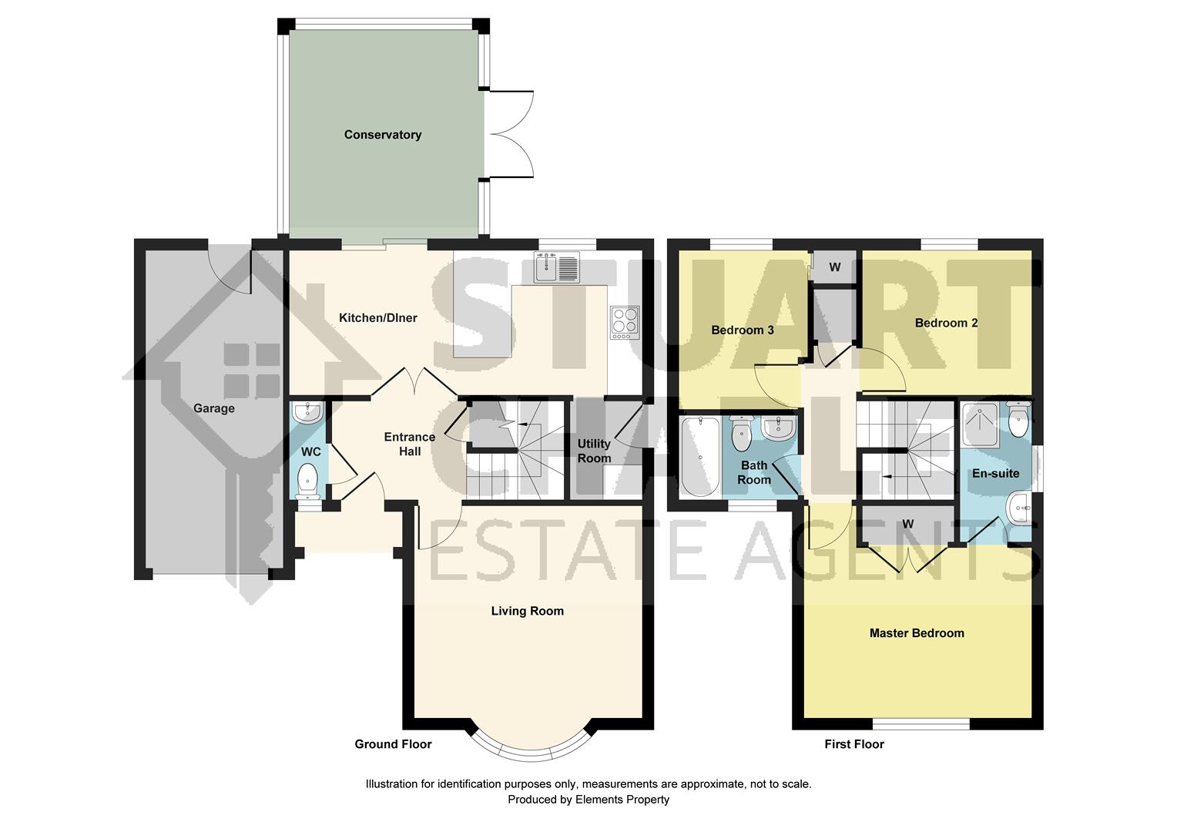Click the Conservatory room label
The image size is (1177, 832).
tap(382, 135)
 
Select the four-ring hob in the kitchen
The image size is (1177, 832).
tap(624, 323)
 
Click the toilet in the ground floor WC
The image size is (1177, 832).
tap(307, 479)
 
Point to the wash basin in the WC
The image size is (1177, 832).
tap(307, 413)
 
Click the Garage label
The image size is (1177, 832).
tap(213, 408)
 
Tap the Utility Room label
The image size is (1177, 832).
tap(594, 451)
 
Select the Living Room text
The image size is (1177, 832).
tap(527, 611)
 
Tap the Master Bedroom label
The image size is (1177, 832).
tap(917, 633)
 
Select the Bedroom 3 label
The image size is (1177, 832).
tap(742, 330)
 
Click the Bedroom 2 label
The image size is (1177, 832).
tap(946, 323)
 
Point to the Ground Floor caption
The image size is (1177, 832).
tap(393, 744)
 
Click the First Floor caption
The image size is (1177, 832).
tap(854, 744)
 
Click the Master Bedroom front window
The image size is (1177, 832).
tap(920, 724)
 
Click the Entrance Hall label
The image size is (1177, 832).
tap(409, 444)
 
